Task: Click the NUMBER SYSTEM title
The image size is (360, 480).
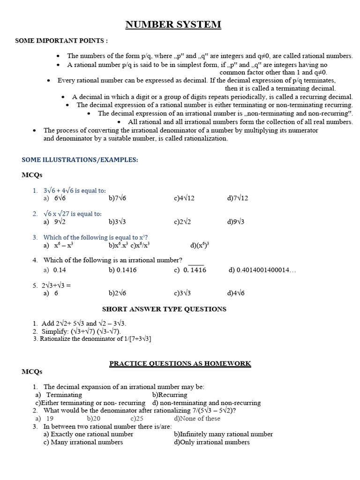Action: (x=173, y=25)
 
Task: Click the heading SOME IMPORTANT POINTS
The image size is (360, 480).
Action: (x=61, y=41)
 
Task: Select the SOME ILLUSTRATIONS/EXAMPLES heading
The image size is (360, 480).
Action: (x=80, y=160)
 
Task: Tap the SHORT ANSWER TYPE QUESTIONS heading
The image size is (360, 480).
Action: (x=164, y=309)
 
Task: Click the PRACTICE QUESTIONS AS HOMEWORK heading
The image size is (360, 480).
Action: (x=180, y=363)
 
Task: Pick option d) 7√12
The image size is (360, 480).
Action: (x=238, y=198)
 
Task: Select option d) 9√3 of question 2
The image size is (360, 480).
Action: (x=236, y=222)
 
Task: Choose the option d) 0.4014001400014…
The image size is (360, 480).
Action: (x=262, y=270)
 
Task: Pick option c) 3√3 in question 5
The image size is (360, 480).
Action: (x=182, y=293)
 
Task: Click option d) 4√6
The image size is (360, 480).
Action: (x=236, y=293)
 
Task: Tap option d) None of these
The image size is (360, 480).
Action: (x=197, y=419)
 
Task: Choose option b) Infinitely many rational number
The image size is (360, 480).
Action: (x=223, y=434)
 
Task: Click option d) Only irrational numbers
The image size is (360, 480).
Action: (x=211, y=442)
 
